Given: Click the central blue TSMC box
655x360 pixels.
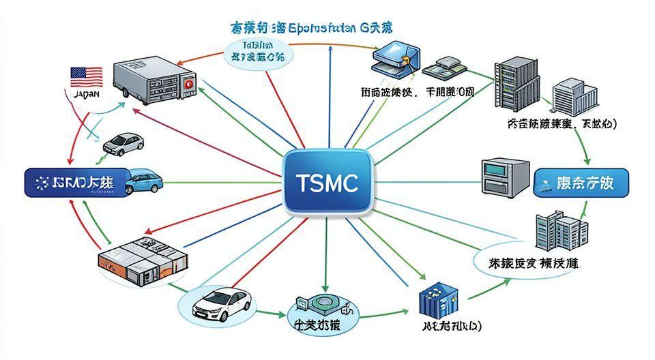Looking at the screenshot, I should (x=327, y=182).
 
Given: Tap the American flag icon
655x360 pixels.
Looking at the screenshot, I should (x=87, y=76).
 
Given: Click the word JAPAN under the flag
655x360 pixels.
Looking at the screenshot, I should (x=86, y=95).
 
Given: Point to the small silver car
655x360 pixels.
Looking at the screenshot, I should (x=123, y=143).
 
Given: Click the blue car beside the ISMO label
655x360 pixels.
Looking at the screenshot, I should (x=143, y=181).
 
